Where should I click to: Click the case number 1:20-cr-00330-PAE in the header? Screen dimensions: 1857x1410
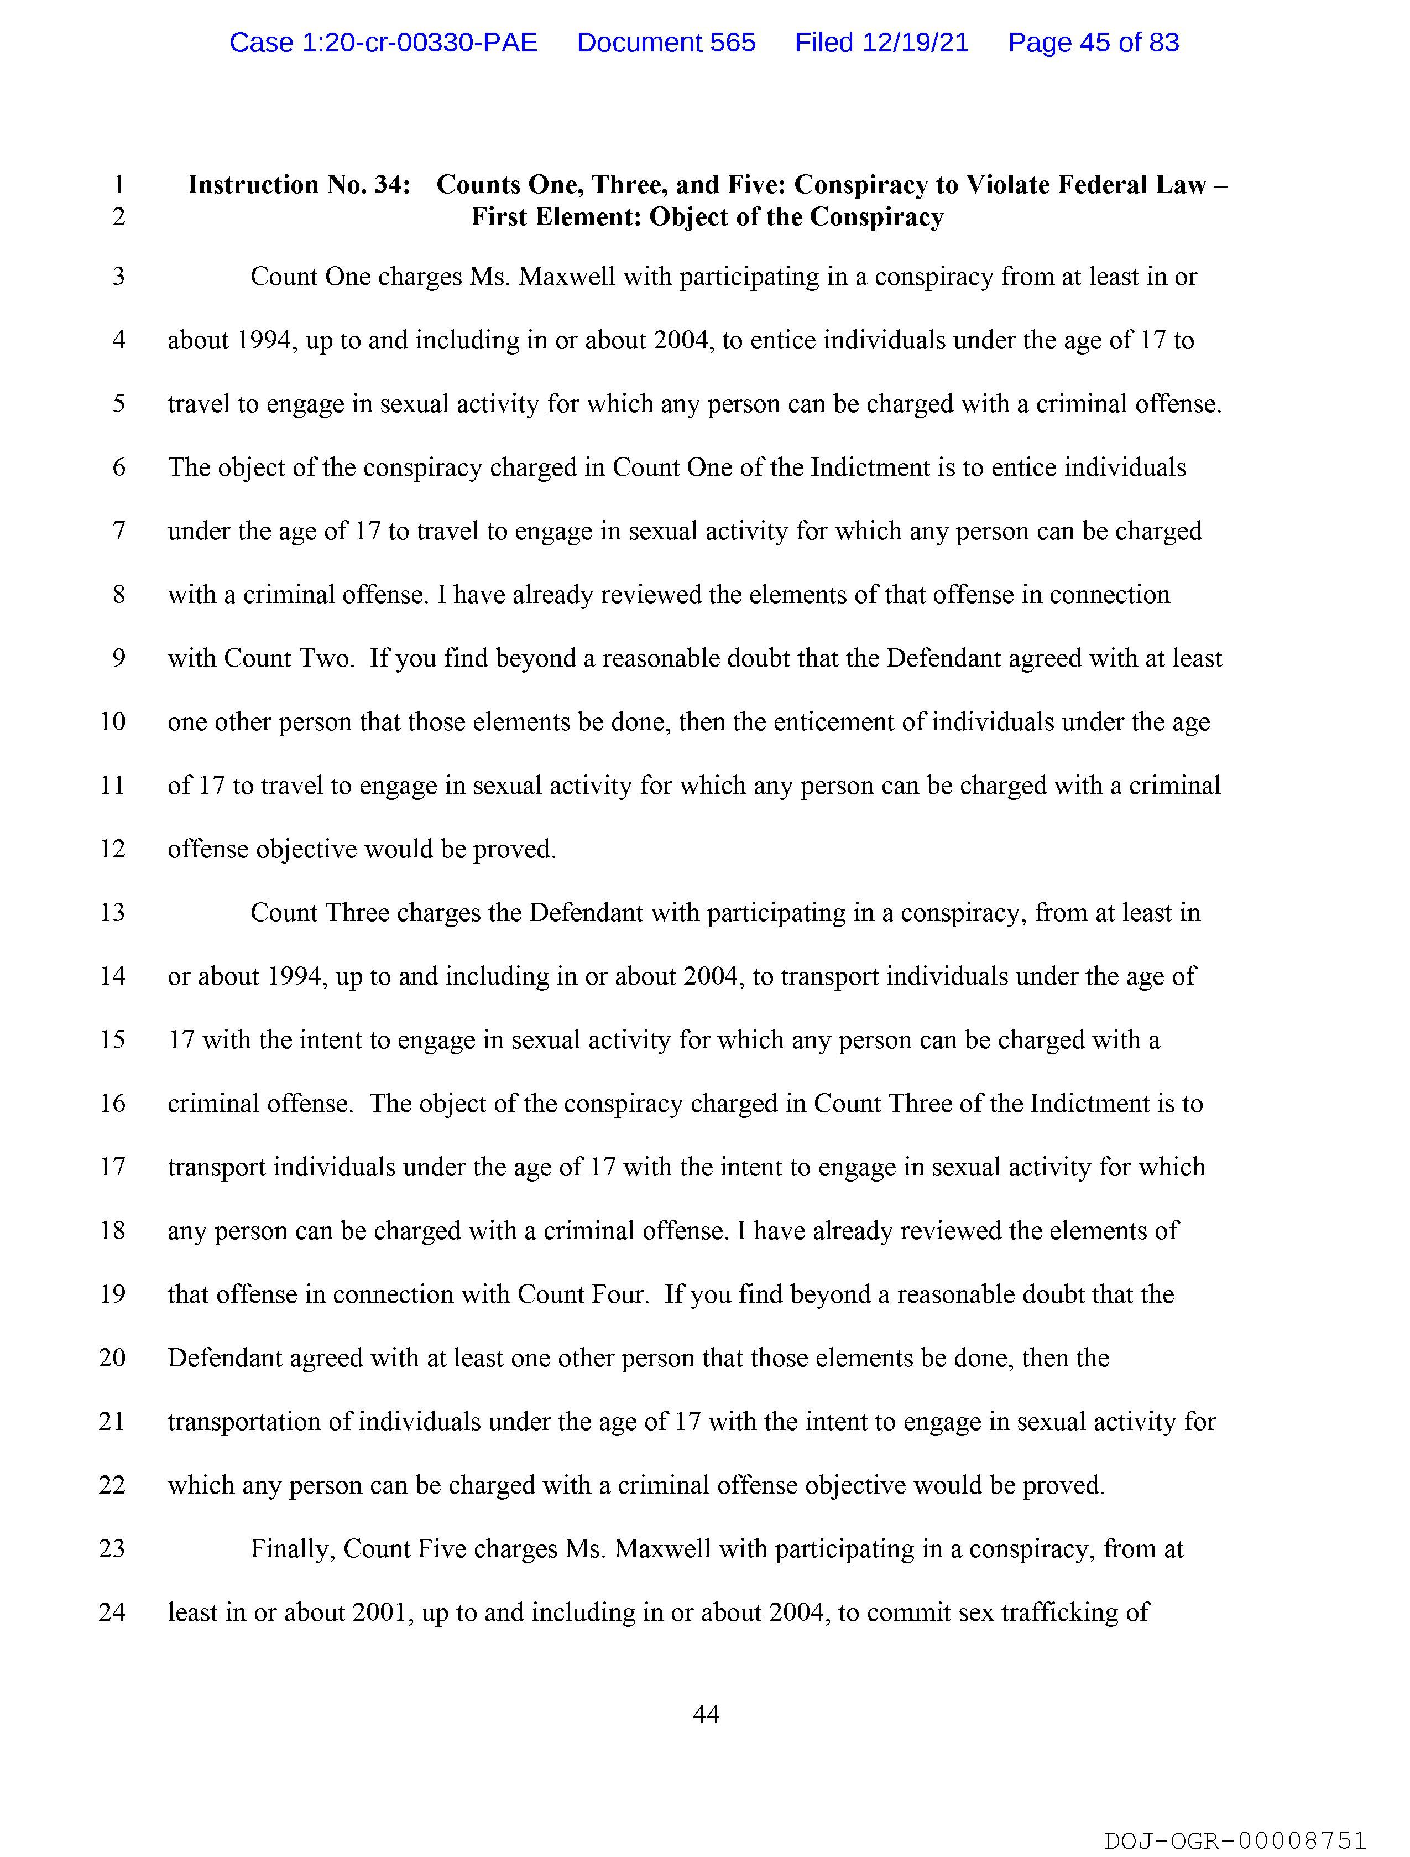tap(384, 42)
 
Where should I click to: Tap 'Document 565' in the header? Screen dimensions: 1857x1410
tap(666, 42)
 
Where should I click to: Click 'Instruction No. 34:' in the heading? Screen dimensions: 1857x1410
tap(299, 185)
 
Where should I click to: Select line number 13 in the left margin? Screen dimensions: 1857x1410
tap(112, 913)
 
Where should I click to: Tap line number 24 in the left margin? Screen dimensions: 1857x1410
tap(112, 1612)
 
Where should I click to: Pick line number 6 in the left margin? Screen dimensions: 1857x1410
tap(118, 467)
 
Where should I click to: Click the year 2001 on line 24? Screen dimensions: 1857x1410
tap(383, 1612)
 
